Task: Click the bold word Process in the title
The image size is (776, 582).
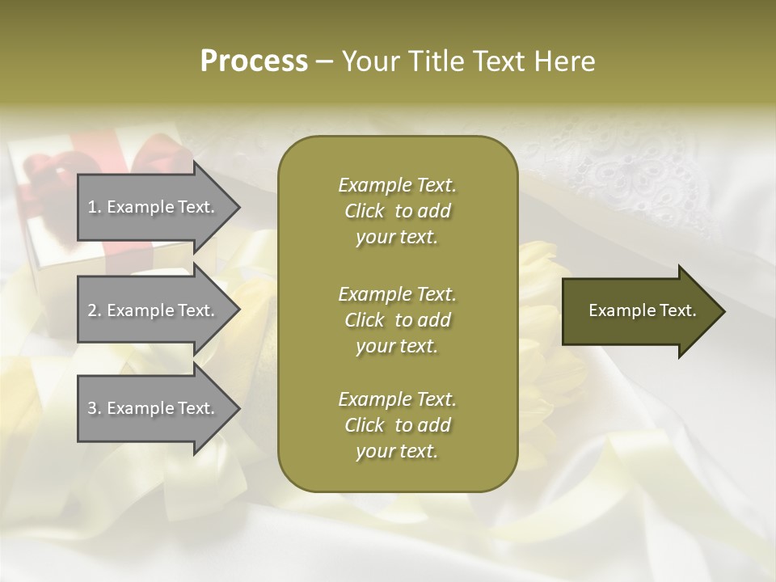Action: point(254,61)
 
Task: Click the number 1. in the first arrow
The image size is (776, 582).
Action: point(95,207)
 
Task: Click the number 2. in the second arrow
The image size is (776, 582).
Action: point(95,310)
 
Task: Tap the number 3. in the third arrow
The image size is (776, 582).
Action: point(95,408)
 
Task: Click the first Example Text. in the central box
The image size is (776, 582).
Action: point(397,185)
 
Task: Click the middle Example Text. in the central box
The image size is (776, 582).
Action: point(397,293)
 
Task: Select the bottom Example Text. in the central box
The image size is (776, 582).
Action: point(397,399)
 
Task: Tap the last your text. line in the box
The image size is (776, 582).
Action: point(397,451)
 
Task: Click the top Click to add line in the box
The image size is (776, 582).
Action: point(397,211)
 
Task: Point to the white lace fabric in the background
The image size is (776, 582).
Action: point(630,170)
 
